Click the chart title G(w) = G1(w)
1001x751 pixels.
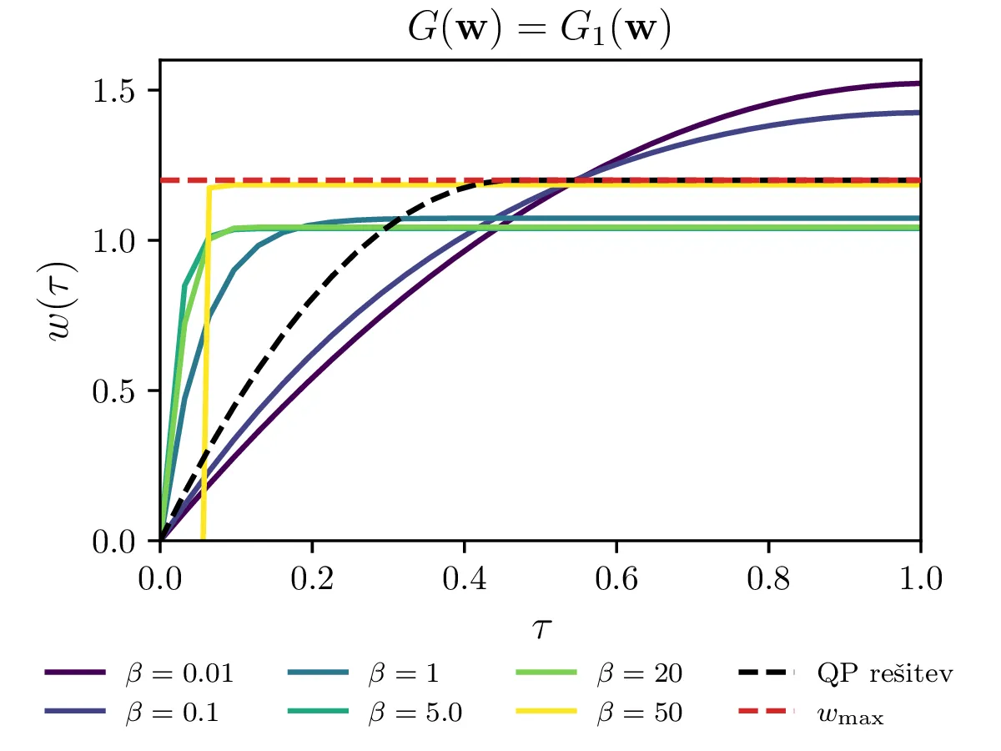540,28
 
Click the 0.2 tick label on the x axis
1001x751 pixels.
312,579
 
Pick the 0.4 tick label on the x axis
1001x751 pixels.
464,579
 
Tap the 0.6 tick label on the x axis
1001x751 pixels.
616,579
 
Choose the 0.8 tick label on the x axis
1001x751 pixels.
767,579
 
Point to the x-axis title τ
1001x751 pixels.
540,628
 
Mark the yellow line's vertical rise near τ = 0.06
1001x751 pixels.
206,359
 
